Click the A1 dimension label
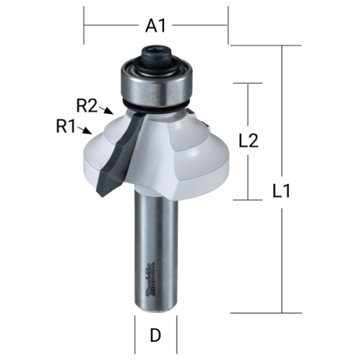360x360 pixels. point(155,25)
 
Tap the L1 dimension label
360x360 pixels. point(282,190)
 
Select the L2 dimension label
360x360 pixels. point(248,141)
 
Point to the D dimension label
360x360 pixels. point(155,335)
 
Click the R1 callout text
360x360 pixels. point(66,126)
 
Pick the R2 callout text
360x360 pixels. point(87,105)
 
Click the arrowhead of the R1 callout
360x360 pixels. point(88,131)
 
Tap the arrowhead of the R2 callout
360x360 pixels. point(109,111)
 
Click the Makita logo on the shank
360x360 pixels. point(151,280)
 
